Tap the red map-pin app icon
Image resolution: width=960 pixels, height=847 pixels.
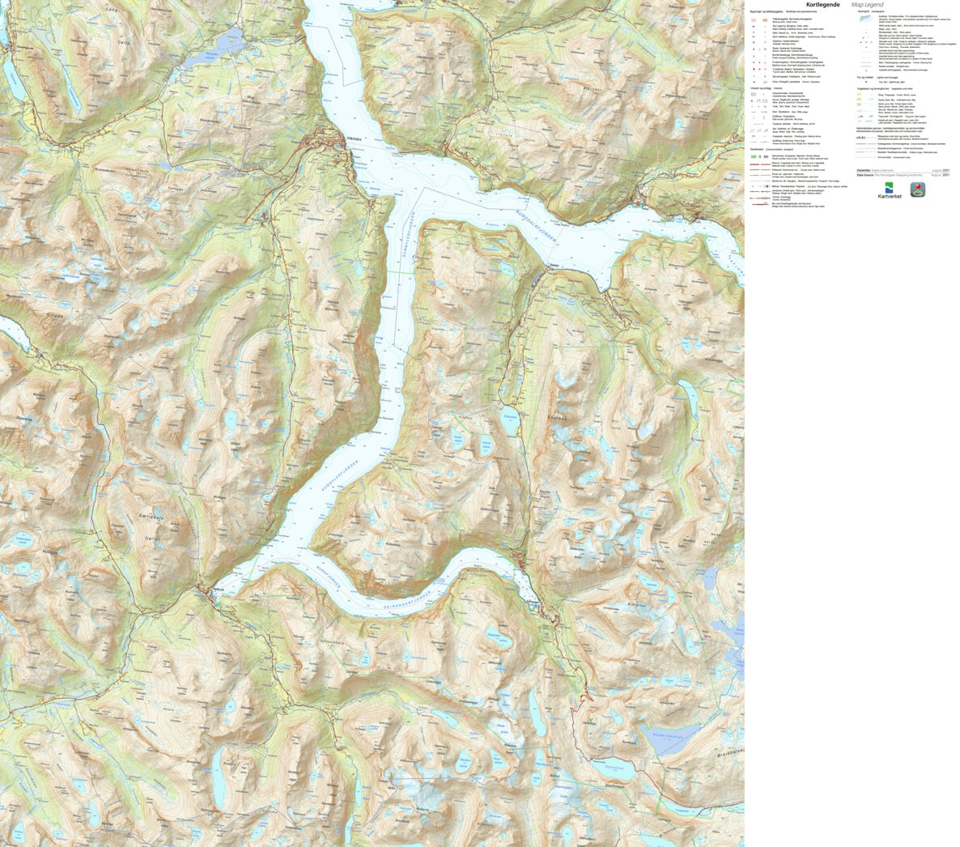[x=918, y=189]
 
